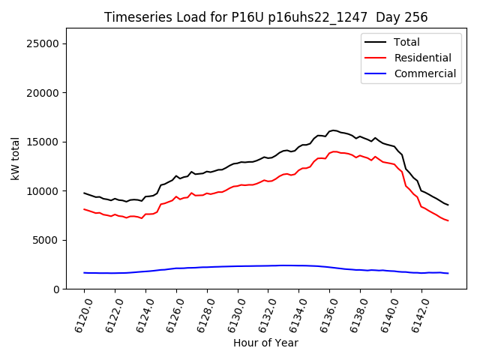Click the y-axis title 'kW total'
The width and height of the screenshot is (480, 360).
[x=15, y=159]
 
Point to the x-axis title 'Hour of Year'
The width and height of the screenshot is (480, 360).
[x=265, y=343]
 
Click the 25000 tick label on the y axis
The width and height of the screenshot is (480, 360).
[x=43, y=43]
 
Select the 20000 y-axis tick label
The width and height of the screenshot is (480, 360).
[x=43, y=93]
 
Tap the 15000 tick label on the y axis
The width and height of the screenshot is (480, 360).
[x=43, y=142]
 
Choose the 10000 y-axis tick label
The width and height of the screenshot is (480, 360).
[x=43, y=191]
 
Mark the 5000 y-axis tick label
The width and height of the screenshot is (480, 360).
[x=46, y=240]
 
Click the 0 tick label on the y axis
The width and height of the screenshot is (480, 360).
[x=57, y=289]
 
